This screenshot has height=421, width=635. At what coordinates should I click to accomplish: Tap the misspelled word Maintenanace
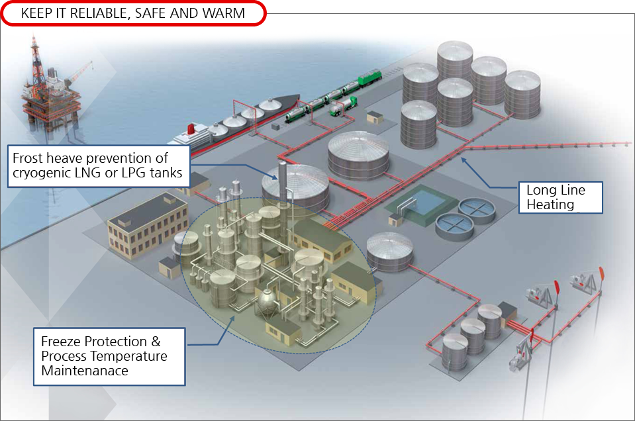(x=85, y=371)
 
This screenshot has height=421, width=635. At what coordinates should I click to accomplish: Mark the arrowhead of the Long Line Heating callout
(x=463, y=158)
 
